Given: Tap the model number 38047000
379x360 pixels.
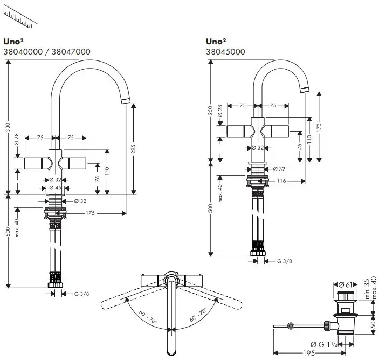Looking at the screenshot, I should click(71, 52).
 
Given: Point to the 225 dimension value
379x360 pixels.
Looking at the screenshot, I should click(133, 150).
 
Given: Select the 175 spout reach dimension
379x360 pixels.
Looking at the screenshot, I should click(90, 213).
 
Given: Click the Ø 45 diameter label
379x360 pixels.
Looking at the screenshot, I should click(55, 187).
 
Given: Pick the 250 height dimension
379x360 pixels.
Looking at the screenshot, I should click(210, 111).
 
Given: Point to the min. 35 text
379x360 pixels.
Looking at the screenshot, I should click(367, 290).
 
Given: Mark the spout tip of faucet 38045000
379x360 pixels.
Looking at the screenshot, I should click(305, 87).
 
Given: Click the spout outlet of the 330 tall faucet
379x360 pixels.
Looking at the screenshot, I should click(126, 101).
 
